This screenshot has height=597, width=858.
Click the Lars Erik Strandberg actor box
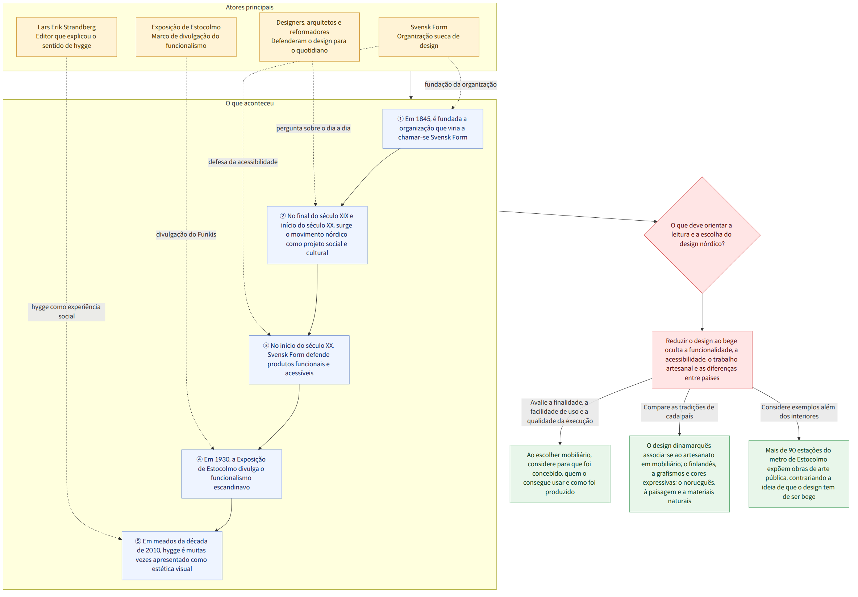point(67,37)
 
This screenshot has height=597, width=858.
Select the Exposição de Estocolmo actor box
point(186,37)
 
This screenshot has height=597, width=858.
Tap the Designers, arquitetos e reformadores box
point(309,37)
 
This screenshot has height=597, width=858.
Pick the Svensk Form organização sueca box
point(429,37)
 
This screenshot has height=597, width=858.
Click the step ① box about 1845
point(433,129)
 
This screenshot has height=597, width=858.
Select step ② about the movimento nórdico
point(317,235)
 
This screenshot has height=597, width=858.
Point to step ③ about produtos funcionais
point(299,360)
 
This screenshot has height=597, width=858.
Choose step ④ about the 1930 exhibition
point(232,474)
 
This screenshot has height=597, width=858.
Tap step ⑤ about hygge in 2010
point(172,556)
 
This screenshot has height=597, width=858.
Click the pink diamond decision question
point(702,235)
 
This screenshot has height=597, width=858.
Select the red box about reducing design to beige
point(702,360)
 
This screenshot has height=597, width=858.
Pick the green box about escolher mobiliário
point(560,474)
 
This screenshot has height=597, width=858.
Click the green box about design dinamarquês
point(679,474)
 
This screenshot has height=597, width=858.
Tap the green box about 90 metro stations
point(799,474)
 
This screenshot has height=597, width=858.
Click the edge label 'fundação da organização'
point(461,84)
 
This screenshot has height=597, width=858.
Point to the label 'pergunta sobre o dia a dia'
point(313,128)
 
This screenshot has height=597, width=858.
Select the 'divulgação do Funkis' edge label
point(186,234)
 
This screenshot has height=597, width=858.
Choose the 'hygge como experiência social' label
point(67,312)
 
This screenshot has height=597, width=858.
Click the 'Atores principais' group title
point(250,8)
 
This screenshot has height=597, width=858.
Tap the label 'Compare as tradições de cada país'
point(679,412)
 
